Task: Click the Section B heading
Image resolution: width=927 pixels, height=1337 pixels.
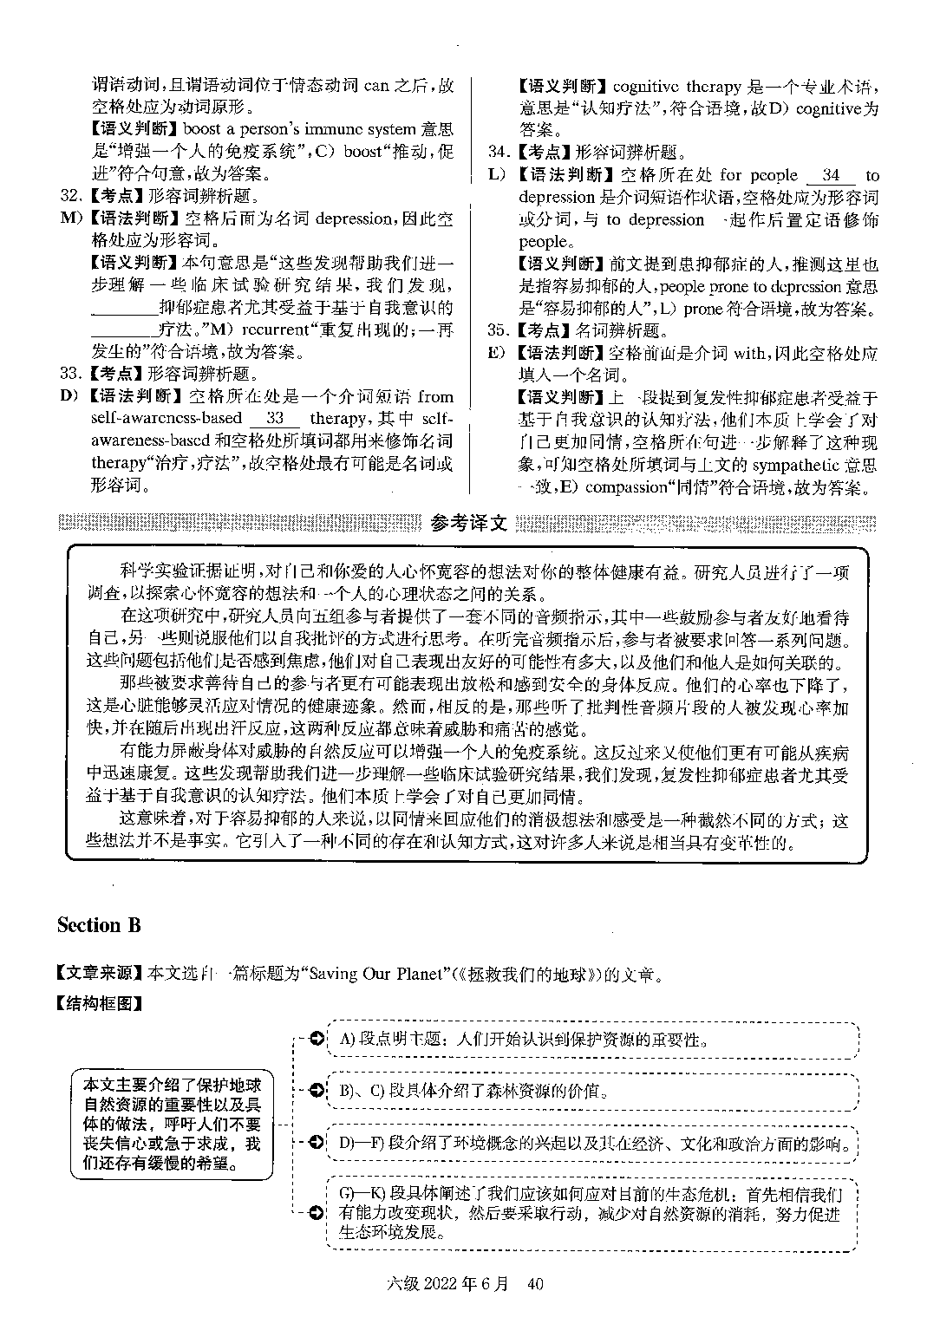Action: pyautogui.click(x=98, y=925)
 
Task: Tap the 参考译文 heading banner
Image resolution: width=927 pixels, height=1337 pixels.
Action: pyautogui.click(x=467, y=524)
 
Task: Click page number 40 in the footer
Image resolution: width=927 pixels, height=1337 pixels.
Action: pyautogui.click(x=534, y=1283)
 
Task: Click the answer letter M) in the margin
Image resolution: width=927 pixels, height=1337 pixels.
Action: pyautogui.click(x=70, y=218)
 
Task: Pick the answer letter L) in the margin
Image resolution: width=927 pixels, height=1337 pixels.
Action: pyautogui.click(x=497, y=175)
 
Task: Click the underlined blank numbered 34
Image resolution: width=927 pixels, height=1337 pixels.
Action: pyautogui.click(x=830, y=175)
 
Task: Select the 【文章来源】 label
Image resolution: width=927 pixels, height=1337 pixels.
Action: pyautogui.click(x=100, y=974)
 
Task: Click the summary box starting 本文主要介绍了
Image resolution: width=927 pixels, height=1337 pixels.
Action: pyautogui.click(x=172, y=1123)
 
